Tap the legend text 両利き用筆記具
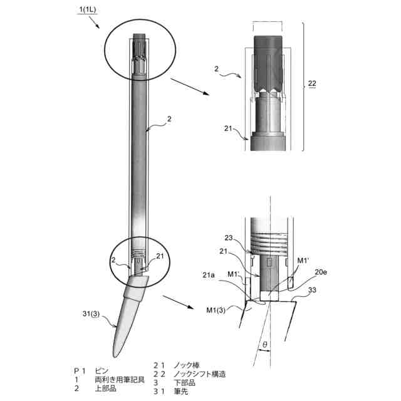click(119, 380)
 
